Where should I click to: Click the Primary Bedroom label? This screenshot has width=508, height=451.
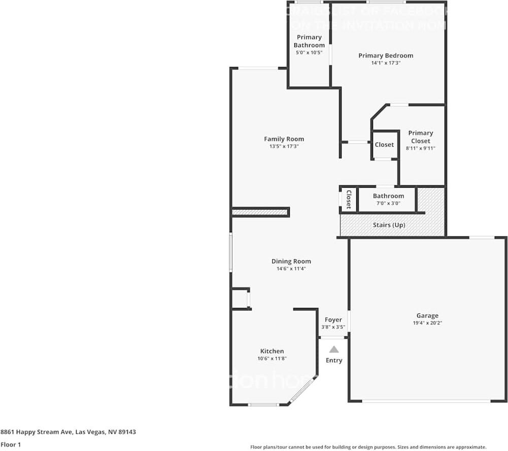coord(386,56)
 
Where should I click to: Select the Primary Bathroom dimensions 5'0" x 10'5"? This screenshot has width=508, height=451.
coord(309,52)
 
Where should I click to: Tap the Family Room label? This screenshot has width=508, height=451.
coord(284,139)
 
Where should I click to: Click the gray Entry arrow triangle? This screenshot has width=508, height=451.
coord(334,349)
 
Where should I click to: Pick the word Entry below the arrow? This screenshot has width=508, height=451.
coord(334,360)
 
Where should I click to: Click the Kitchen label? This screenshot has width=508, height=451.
coord(272,351)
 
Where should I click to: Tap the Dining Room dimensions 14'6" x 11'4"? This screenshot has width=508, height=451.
coord(291,268)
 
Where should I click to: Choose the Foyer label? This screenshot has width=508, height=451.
coord(333,320)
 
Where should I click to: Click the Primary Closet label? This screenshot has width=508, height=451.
coord(421,137)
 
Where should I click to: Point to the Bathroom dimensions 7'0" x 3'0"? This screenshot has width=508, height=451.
coord(388,203)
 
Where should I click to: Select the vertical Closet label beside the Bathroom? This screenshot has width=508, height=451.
coord(348,199)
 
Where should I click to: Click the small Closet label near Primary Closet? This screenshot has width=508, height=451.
coord(384,145)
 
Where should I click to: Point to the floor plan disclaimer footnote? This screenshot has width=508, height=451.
coord(368,447)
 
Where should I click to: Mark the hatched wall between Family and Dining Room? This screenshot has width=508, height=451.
coord(260,212)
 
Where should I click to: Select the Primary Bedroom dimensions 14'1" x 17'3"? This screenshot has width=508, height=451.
coord(386,63)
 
